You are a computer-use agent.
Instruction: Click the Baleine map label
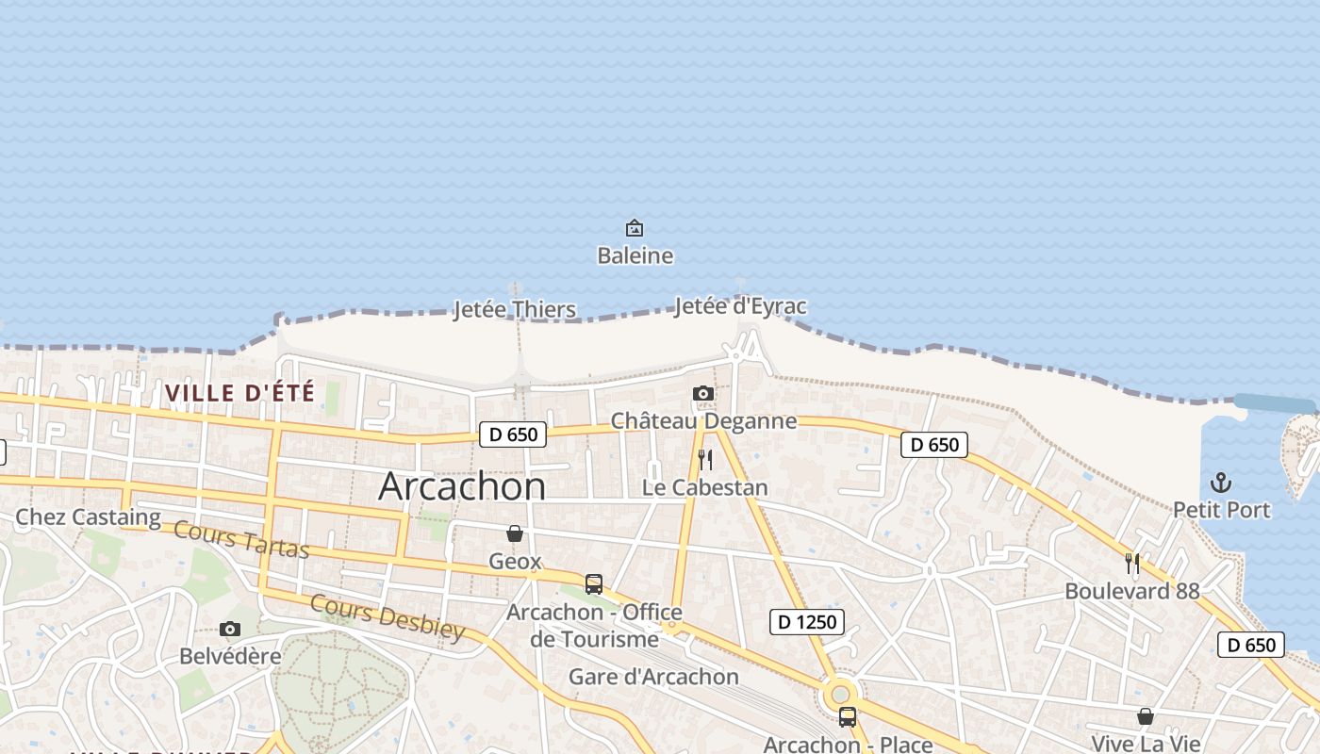tap(635, 255)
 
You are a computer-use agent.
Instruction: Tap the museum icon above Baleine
tap(635, 228)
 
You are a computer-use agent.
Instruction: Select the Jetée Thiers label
tap(514, 309)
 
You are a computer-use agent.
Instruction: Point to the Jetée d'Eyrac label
tap(740, 306)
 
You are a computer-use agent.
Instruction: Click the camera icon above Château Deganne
tap(702, 393)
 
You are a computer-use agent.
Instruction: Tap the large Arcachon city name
tap(462, 485)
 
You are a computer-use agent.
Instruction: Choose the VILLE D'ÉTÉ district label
tap(239, 392)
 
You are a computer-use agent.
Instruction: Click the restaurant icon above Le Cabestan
tap(704, 460)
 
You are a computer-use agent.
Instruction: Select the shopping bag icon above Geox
tap(515, 534)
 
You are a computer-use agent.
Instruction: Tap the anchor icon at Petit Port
tap(1221, 483)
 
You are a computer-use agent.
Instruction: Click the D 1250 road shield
tap(806, 621)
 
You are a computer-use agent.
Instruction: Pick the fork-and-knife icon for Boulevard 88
tap(1132, 564)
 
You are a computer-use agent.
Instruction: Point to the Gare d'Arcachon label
tap(653, 677)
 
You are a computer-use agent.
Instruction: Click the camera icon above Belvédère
tap(230, 629)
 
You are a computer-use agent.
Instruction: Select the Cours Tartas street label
tap(241, 539)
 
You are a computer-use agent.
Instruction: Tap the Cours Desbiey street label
tap(388, 617)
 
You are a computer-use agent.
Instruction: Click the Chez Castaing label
tap(89, 516)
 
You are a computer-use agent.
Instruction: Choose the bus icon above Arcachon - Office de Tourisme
tap(594, 583)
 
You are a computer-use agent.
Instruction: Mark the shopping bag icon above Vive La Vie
tap(1145, 717)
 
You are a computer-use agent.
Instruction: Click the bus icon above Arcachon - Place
tap(848, 717)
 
